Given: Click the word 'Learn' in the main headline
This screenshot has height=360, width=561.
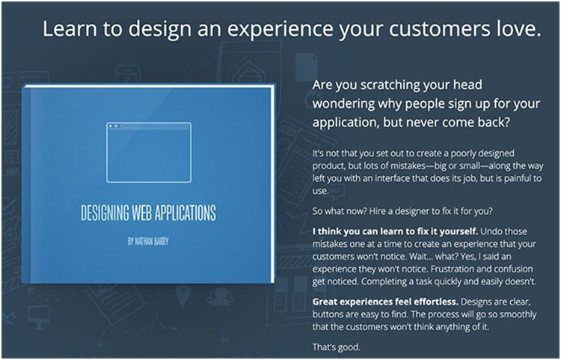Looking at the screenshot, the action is pos(70,28).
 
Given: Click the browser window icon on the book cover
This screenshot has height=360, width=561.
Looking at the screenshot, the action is pos(149,153).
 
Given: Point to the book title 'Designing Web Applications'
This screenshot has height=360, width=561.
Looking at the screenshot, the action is pos(149,213).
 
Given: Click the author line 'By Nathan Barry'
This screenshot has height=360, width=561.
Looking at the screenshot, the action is pos(148,242).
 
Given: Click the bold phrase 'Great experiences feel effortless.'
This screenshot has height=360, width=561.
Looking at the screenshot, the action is pos(385,302).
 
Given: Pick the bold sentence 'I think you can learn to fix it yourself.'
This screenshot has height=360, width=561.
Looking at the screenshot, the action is pos(395,231).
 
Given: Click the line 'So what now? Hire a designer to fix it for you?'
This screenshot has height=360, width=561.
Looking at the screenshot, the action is pos(402,211).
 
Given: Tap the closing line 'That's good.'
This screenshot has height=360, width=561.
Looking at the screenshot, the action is pos(337,347).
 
